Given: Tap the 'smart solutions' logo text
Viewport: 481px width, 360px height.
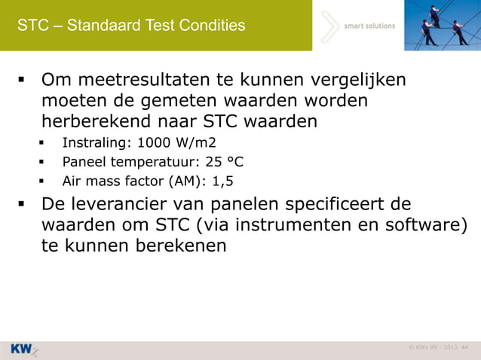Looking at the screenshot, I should [x=369, y=26].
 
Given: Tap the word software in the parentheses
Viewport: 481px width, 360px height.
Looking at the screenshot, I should [x=429, y=226].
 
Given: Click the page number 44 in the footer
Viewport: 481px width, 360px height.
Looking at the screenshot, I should [x=464, y=347].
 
